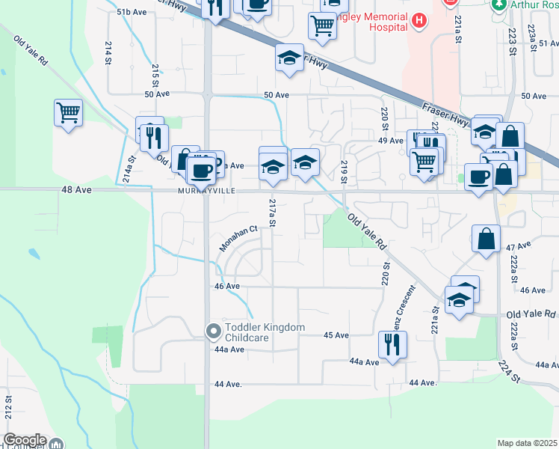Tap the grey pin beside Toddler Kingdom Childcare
point(213,330)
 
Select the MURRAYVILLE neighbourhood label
point(206,191)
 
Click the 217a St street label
point(273,213)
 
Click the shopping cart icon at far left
point(68,114)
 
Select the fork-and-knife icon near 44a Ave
point(392,345)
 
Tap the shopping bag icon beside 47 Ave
point(486,239)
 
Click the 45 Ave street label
point(336,335)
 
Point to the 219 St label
point(345,171)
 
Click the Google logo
point(24,440)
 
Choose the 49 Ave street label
point(391,141)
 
